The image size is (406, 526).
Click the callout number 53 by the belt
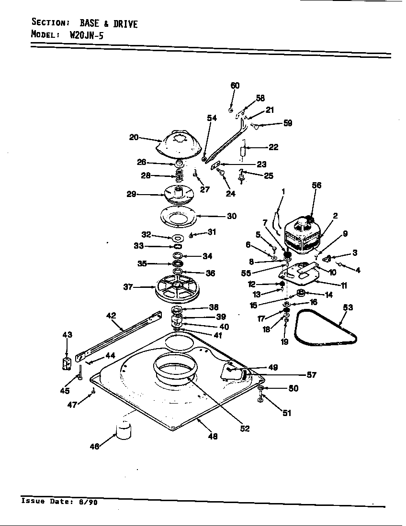click(x=348, y=307)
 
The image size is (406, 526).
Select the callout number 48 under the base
click(x=213, y=436)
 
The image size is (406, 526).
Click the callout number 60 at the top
click(x=235, y=86)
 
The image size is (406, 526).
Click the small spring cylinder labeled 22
click(x=243, y=152)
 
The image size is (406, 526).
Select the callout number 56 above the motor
click(x=316, y=186)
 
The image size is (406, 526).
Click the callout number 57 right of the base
click(x=311, y=375)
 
